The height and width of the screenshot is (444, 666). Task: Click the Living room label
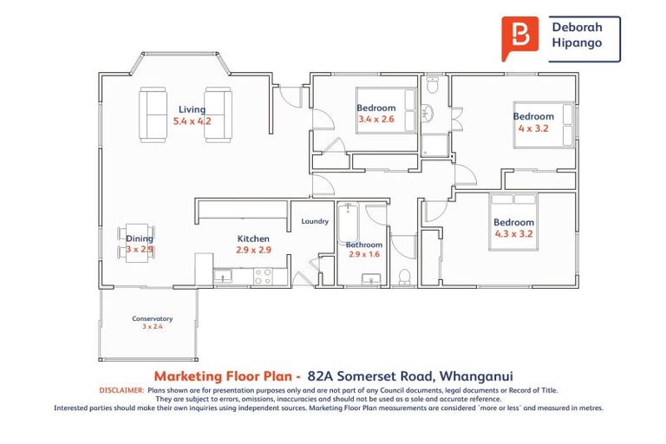click(x=192, y=109)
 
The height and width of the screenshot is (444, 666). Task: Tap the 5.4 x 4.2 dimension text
click(x=192, y=121)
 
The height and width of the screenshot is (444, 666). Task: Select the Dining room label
click(x=140, y=238)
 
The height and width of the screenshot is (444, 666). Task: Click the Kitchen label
click(x=253, y=238)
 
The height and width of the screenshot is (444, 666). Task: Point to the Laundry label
click(x=315, y=221)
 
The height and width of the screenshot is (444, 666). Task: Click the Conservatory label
click(x=152, y=318)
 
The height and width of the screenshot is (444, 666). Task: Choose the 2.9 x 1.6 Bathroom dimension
click(x=363, y=255)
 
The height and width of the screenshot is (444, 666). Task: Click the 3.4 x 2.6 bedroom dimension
click(x=375, y=120)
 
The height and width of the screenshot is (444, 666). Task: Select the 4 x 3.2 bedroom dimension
click(x=533, y=128)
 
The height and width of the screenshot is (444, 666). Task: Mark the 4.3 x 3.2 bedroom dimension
click(x=513, y=233)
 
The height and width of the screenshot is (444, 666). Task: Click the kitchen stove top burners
click(x=262, y=276)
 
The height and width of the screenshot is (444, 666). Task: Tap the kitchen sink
click(x=224, y=277)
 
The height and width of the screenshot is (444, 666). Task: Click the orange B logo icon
click(x=520, y=38)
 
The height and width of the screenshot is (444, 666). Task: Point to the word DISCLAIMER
click(x=121, y=391)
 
